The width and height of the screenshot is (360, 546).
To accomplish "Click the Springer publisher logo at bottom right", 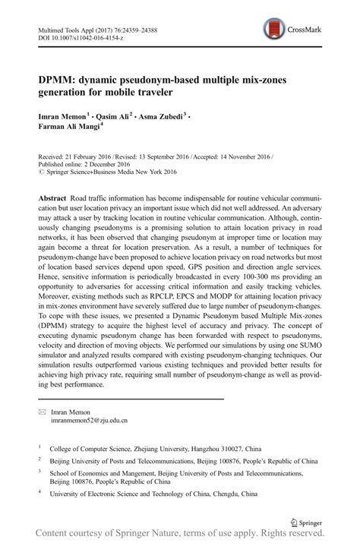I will tap(307, 523).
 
